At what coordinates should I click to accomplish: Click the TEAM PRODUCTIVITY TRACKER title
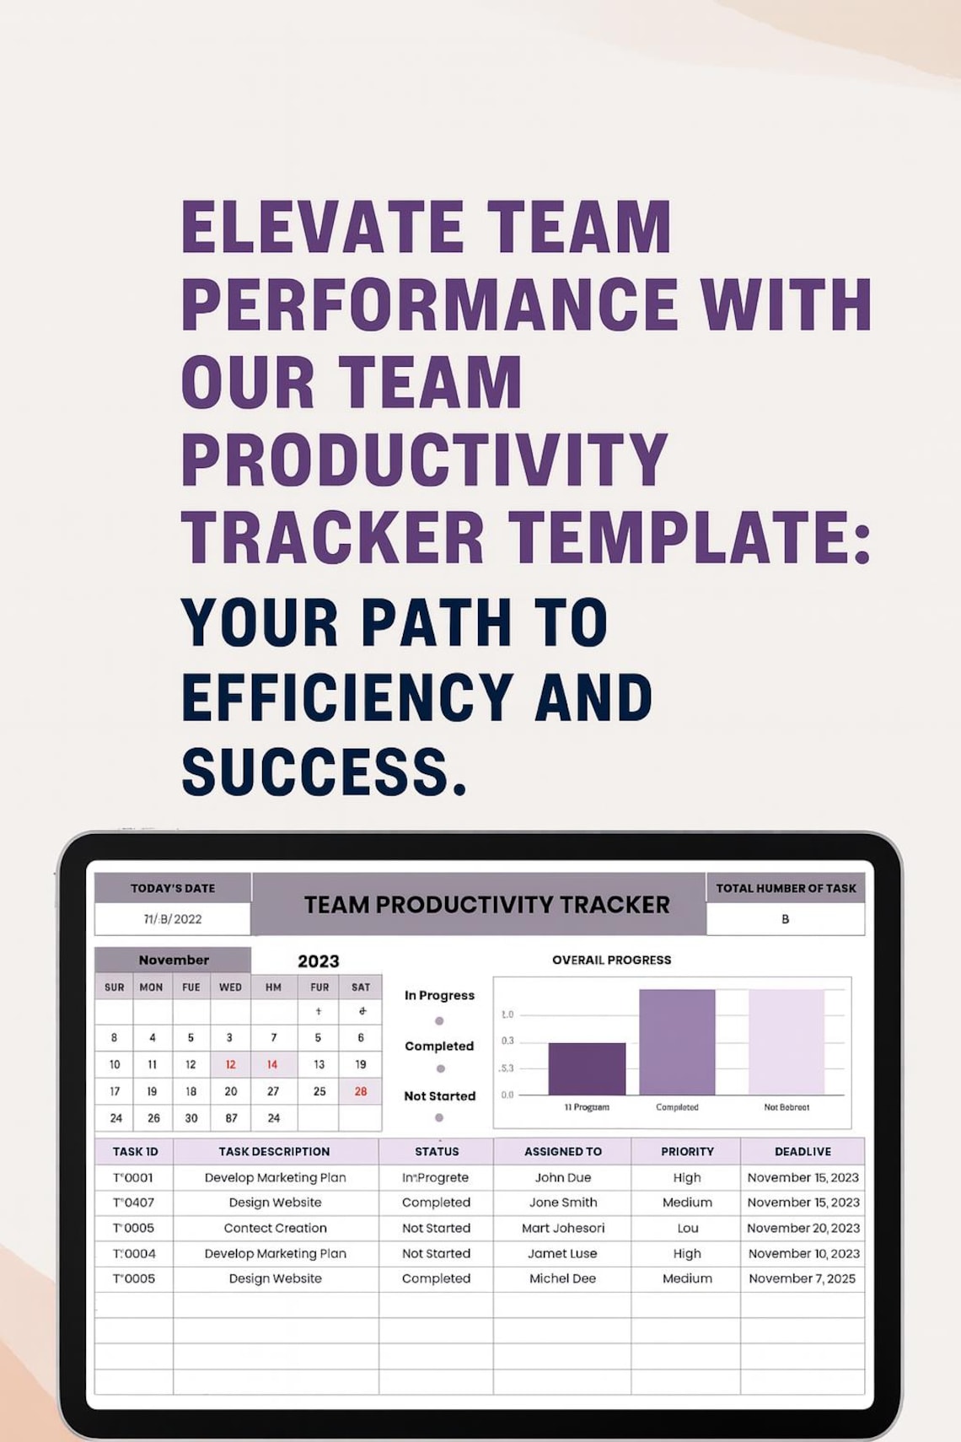click(486, 905)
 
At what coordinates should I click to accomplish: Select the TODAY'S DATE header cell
click(173, 888)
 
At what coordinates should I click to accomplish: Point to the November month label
click(174, 960)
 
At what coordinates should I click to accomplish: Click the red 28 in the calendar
click(361, 1091)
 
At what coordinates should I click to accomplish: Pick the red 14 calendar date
click(272, 1064)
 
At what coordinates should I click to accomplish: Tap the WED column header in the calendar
click(230, 987)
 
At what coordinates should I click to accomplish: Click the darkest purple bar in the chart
click(587, 1068)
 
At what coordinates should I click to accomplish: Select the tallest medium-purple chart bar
click(677, 1041)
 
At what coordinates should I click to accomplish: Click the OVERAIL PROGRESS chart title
click(611, 960)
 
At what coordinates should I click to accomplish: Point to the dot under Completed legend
click(440, 1068)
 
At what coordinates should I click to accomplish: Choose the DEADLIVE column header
click(803, 1151)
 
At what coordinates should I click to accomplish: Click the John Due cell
click(563, 1177)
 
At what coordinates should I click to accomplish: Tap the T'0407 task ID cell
click(134, 1203)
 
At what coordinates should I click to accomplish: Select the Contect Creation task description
click(275, 1228)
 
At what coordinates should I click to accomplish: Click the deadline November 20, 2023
click(803, 1228)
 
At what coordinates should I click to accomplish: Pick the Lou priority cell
click(687, 1228)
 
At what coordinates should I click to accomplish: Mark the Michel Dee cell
click(562, 1278)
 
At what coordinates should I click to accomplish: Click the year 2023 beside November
click(319, 961)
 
